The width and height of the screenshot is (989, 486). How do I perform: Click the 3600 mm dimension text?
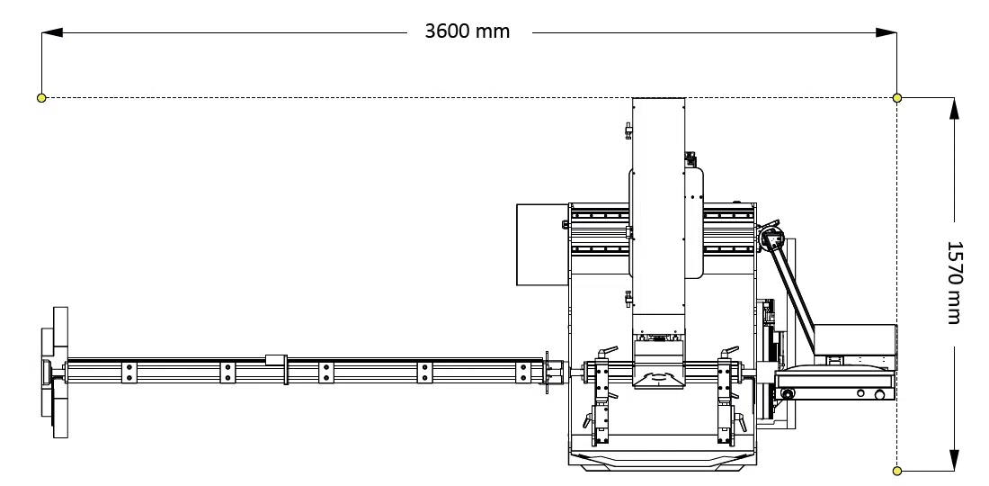tap(468, 31)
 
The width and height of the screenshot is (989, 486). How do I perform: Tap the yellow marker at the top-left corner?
tap(41, 97)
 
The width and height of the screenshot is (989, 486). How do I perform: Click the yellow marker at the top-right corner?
tap(896, 97)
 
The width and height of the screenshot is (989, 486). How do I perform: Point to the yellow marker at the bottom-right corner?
tap(896, 470)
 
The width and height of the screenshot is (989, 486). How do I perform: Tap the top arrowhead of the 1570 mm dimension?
tap(954, 107)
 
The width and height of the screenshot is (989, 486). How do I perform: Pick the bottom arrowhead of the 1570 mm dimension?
tap(954, 460)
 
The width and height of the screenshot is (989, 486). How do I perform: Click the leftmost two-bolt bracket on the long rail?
tap(129, 372)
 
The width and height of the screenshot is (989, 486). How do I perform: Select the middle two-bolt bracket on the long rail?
tap(325, 372)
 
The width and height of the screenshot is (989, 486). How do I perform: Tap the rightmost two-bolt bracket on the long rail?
tap(521, 372)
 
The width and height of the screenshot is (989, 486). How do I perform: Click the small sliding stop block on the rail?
tap(275, 359)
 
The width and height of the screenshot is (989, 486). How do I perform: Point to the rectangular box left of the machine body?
tap(542, 245)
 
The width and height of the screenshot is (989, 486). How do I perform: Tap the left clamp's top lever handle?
tap(609, 350)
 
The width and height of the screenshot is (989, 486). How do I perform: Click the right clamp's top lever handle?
tap(729, 350)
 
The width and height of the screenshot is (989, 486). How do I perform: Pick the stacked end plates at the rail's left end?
tap(55, 372)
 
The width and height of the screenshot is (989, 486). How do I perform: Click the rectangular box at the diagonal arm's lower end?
tap(854, 340)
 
